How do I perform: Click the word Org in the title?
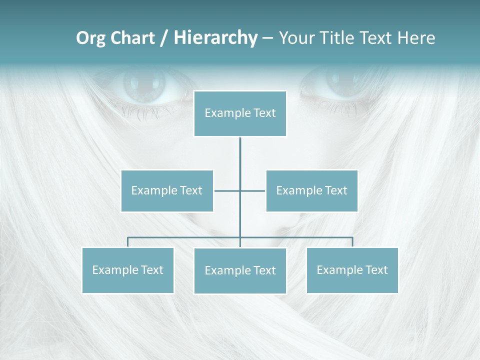(90, 38)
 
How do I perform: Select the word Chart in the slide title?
(130, 38)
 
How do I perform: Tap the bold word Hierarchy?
(215, 38)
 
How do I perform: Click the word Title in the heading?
(342, 38)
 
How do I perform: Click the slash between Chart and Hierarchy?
(163, 38)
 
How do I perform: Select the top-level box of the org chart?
(240, 113)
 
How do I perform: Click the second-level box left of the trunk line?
(167, 190)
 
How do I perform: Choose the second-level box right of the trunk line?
(311, 190)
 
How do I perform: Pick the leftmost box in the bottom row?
(128, 270)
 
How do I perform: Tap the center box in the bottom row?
(240, 270)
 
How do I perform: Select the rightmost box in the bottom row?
(352, 270)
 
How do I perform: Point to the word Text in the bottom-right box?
(376, 270)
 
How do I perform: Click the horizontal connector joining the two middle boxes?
(252, 190)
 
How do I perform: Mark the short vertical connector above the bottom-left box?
(128, 242)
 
